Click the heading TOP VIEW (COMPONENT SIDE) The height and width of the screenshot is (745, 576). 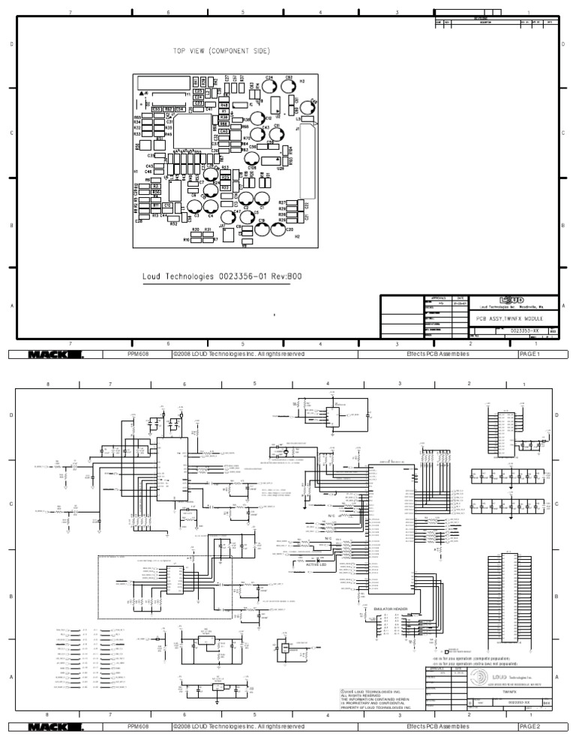[x=222, y=51]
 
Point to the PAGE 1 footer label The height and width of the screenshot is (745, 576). [x=535, y=354]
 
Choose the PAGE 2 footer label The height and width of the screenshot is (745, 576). [x=535, y=726]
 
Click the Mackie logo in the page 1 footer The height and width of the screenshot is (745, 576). [x=56, y=354]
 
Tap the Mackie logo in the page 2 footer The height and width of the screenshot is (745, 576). [x=56, y=726]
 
